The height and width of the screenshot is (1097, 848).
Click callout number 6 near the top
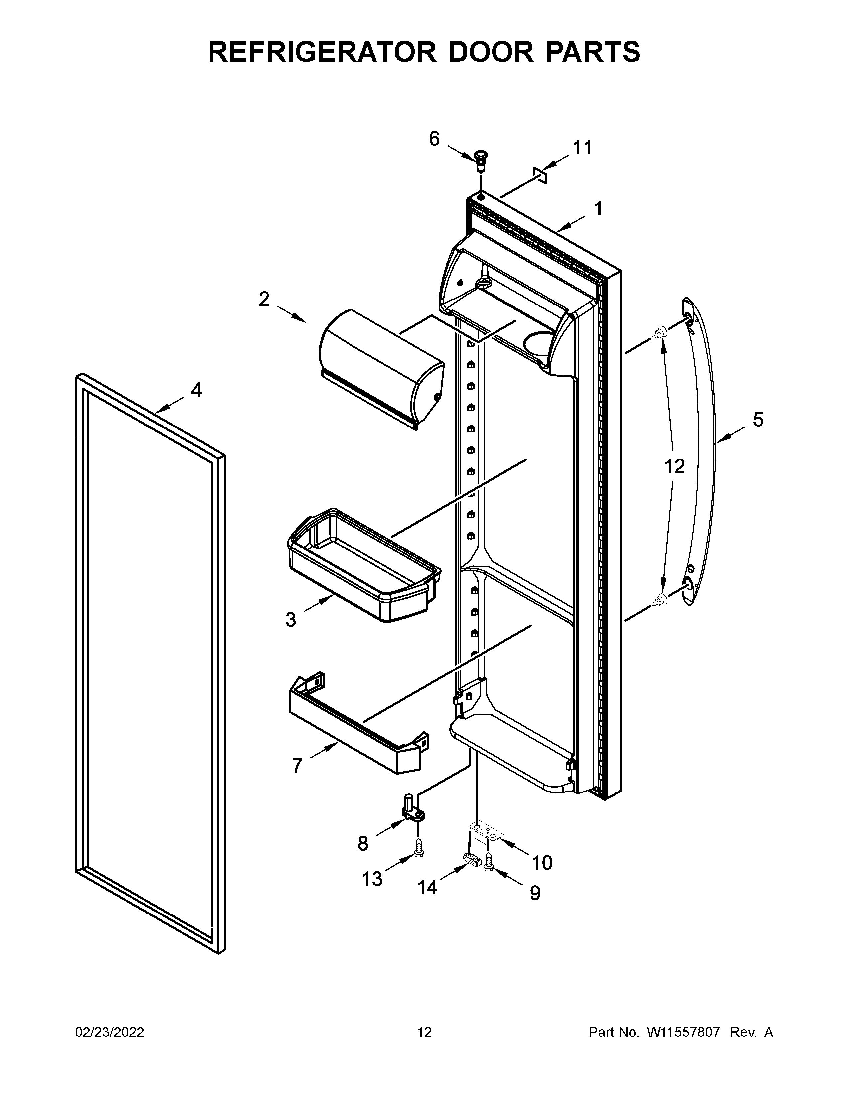[434, 139]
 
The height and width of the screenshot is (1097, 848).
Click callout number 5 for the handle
[758, 419]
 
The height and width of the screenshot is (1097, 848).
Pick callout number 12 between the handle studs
[674, 467]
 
